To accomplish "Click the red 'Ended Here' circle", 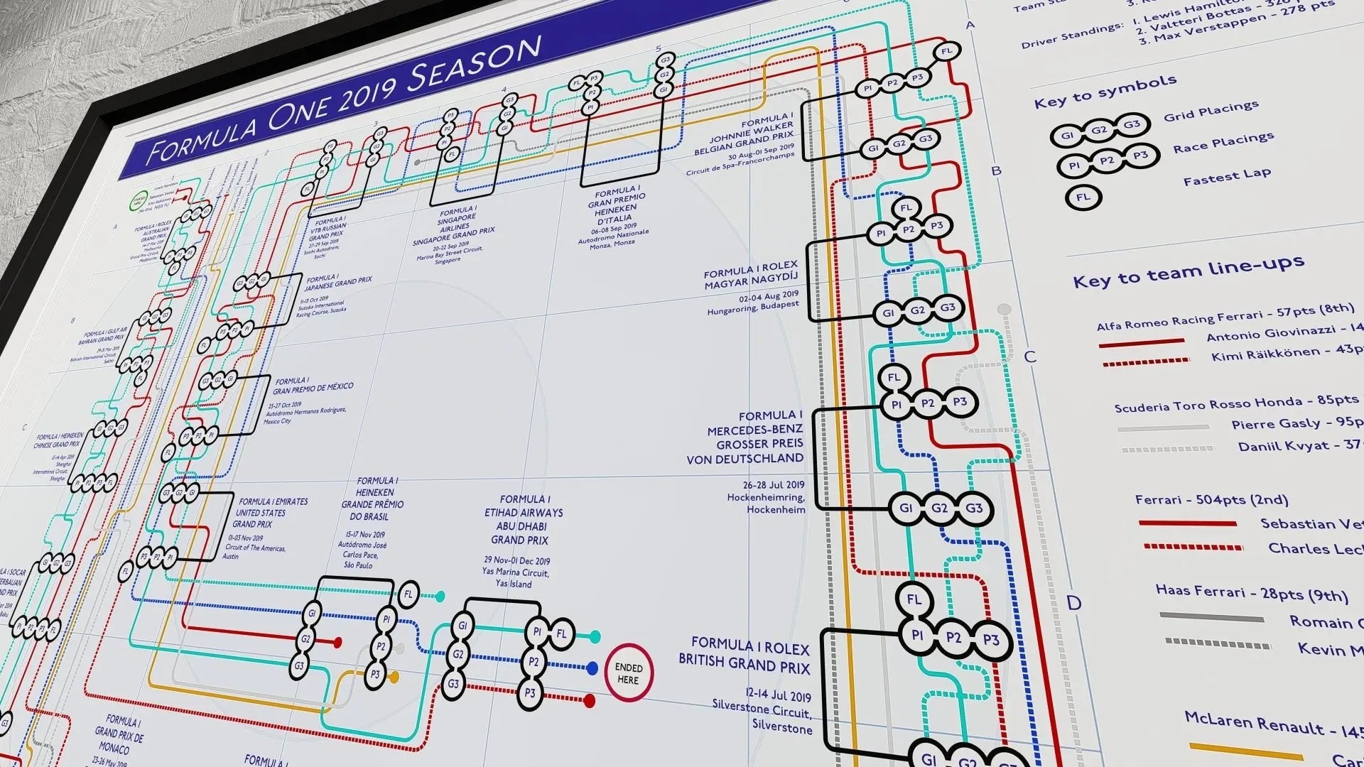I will coord(628,673).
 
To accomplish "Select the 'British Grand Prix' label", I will coord(744,656).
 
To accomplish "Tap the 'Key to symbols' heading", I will coord(1105,92).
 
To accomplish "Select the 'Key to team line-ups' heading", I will coord(1188,271).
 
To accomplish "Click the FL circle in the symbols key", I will coord(1083,197).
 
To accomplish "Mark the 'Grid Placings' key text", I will coord(1211,111).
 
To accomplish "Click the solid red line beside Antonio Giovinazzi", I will coord(1142,342).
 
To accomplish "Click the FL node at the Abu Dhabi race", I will coord(561,633).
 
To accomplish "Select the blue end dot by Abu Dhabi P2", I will coord(592,668).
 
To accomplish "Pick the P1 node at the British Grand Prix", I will coord(916,635).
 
